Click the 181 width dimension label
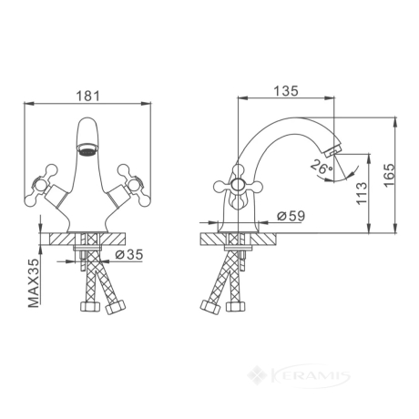point(87,96)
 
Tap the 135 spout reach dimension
point(286,91)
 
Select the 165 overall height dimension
point(390,176)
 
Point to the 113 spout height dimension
point(362,193)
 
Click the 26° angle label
point(322,167)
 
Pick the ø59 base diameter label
point(291,216)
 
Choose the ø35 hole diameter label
point(128,254)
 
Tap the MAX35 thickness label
point(34,283)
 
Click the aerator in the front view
point(87,149)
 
